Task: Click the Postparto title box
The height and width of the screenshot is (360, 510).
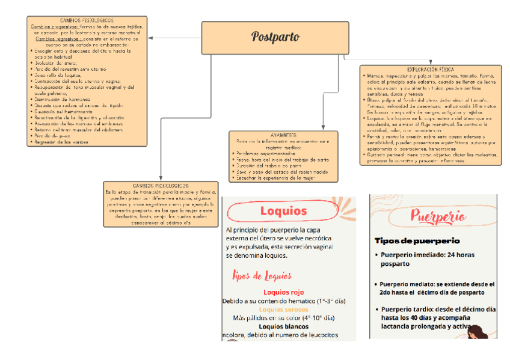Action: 276,37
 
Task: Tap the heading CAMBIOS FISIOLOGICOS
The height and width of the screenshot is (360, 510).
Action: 87,20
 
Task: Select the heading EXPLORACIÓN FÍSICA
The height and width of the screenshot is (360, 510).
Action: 431,70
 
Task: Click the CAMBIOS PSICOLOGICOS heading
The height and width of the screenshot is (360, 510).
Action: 160,186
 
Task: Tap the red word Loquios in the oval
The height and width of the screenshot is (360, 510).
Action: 283,211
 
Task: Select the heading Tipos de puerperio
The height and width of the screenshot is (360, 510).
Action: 417,240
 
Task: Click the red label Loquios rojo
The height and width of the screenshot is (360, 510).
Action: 283,291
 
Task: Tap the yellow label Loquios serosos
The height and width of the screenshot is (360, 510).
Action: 283,309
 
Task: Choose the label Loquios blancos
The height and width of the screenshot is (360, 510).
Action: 283,326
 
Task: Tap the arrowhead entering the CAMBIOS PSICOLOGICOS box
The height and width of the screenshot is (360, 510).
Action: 161,178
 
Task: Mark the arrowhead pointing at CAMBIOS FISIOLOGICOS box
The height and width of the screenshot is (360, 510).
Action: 150,38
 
